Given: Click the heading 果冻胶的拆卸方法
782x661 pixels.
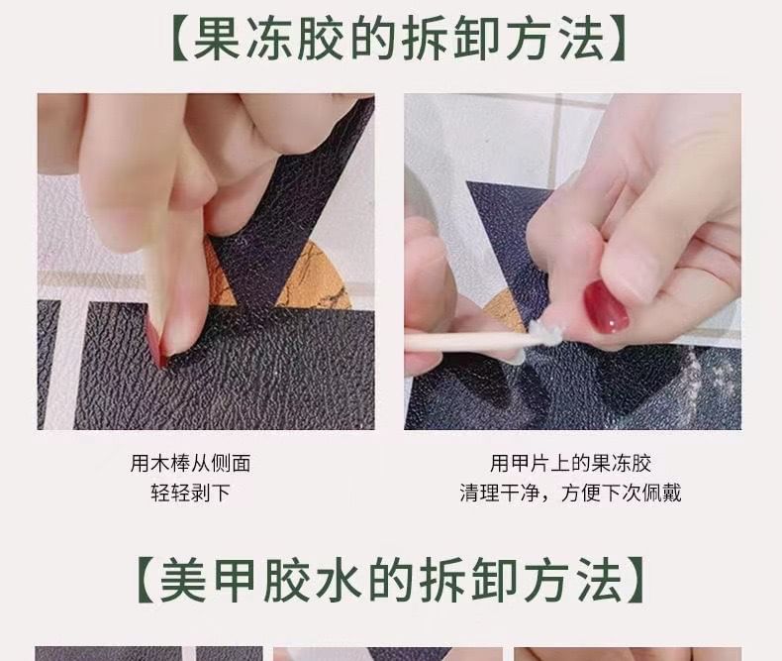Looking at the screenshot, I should pos(391,40).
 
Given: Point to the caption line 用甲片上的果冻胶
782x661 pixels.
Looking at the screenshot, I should pos(571,463).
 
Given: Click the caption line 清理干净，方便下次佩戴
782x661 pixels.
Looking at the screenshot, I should pos(571,493).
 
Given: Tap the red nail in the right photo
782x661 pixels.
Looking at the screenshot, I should pos(606,307).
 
